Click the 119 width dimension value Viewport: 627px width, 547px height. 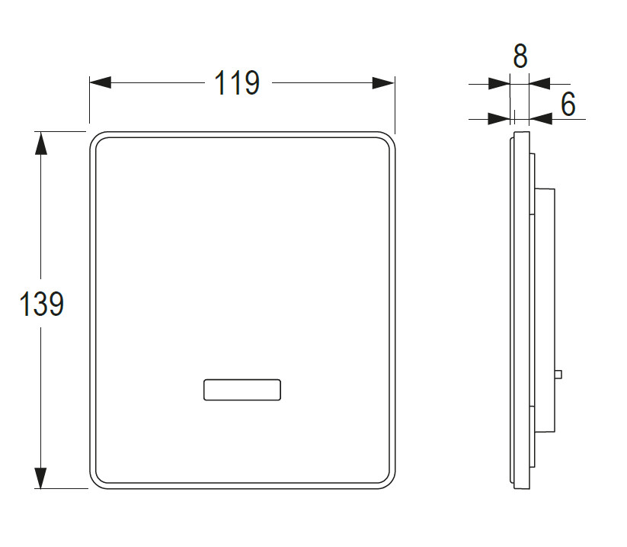coord(237,83)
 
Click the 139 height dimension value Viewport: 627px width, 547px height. coord(41,304)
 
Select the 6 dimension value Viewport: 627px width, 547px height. coord(568,104)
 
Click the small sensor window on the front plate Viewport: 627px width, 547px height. coord(242,390)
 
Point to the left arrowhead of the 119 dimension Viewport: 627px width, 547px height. coord(101,83)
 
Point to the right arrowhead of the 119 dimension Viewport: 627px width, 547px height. coord(383,83)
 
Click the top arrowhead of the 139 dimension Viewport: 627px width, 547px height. coord(41,143)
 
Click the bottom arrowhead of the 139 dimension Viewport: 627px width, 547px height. coord(41,478)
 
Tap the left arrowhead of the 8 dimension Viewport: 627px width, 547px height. coord(500,84)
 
